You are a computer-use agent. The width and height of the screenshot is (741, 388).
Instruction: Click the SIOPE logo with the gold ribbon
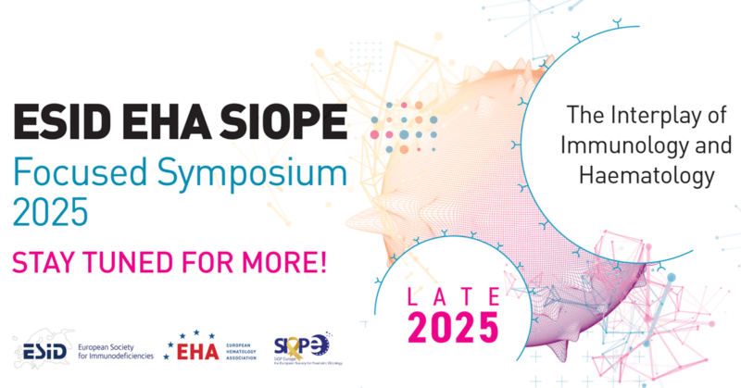point(302,346)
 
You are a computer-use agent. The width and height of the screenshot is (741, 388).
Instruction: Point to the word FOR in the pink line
point(210,260)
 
